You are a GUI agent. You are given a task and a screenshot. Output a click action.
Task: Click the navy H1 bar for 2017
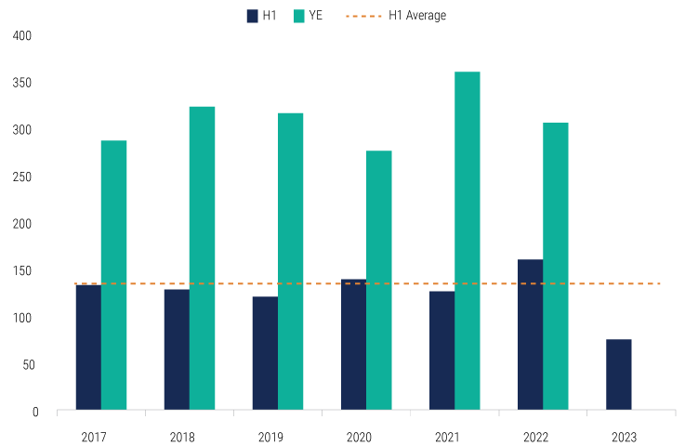(x=88, y=347)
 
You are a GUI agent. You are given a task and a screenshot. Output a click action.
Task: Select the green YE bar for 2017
(x=113, y=275)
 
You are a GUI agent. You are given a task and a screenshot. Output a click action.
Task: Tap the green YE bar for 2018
(x=202, y=258)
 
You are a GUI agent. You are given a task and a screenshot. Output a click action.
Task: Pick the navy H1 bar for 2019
(x=265, y=353)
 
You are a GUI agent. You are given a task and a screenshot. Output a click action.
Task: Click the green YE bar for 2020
(x=378, y=280)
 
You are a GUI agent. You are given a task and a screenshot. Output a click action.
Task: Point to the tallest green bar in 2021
(x=467, y=241)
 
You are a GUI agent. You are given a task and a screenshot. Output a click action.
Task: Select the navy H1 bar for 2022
(x=530, y=334)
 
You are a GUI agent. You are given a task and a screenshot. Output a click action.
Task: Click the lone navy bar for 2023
(x=618, y=374)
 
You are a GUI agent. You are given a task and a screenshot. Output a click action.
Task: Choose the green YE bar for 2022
(x=555, y=266)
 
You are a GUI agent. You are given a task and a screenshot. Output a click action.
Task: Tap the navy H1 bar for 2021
(x=441, y=350)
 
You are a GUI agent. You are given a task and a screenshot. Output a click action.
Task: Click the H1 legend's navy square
(x=252, y=16)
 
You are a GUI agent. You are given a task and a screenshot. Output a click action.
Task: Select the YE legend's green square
(x=300, y=16)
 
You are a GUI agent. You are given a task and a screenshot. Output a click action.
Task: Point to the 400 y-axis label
(x=23, y=36)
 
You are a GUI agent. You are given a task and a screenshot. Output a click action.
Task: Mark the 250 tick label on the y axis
(x=23, y=177)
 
